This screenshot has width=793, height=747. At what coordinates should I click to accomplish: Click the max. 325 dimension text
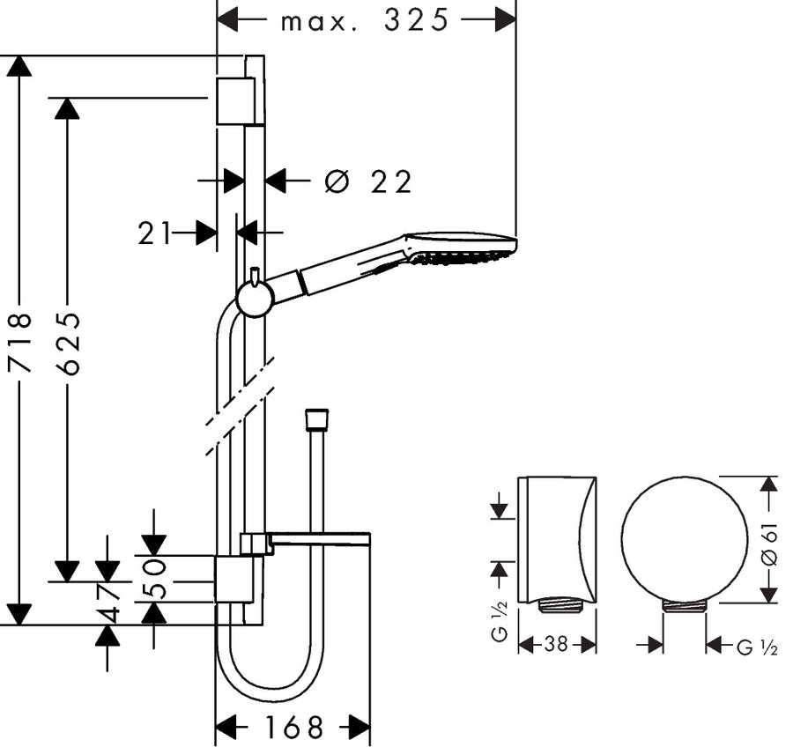pos(364,21)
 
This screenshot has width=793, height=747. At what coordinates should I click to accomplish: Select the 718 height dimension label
pos(20,343)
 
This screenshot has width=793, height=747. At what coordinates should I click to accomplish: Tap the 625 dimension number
pos(68,343)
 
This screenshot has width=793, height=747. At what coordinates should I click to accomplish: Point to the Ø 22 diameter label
pos(367,181)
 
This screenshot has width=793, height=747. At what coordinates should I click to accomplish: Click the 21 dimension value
pos(153,233)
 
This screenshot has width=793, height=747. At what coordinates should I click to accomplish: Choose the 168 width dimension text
pos(293,728)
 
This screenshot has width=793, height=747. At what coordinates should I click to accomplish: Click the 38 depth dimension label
pos(556,644)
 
